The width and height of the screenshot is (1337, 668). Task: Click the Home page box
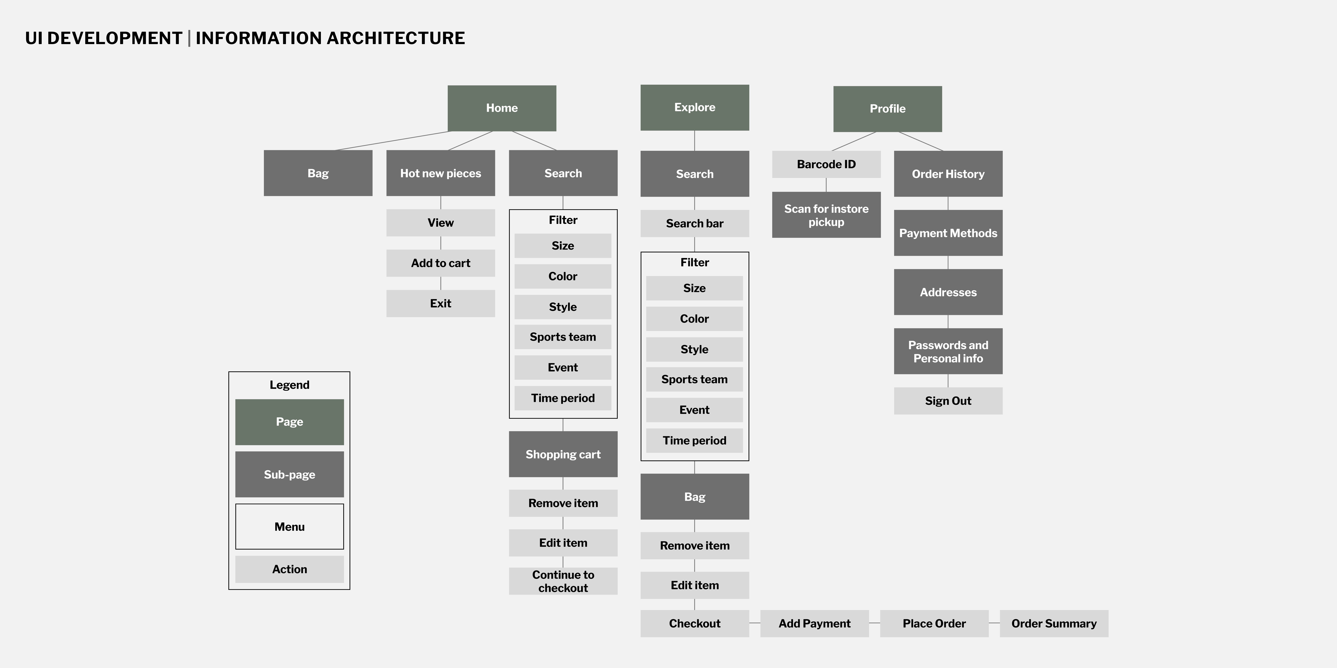coord(502,108)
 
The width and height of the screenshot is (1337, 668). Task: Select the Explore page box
coord(694,107)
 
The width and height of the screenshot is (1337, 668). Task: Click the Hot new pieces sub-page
coord(441,173)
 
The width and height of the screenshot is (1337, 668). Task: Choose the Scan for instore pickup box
coord(826,215)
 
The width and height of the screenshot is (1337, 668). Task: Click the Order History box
coord(948,174)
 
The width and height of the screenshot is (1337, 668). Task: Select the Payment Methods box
coord(948,233)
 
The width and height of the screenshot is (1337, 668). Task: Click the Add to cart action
coord(441,263)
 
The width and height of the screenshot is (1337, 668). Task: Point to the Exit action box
coord(441,303)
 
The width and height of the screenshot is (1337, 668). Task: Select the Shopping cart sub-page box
coord(563,454)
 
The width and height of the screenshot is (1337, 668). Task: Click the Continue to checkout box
coord(563,581)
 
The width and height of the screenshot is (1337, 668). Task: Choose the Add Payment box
coord(814,623)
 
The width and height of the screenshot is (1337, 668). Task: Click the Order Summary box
coord(1054,623)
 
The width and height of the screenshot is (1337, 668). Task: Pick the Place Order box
coord(934,623)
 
